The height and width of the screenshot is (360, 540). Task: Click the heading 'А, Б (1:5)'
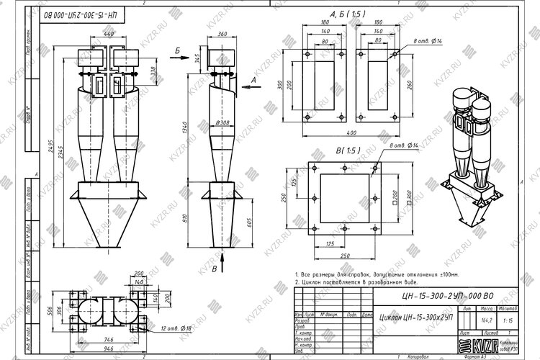coord(348,14)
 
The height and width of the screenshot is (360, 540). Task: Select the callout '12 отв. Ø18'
coord(177,328)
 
